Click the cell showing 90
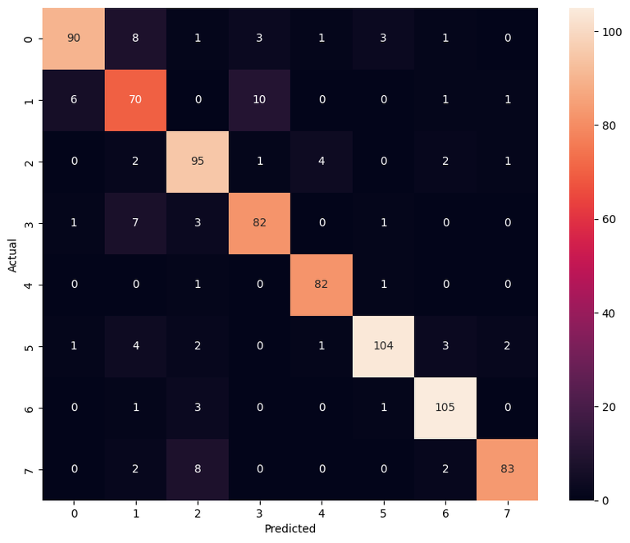click(x=74, y=39)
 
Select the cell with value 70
click(x=135, y=100)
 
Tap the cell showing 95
click(x=198, y=162)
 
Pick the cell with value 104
click(x=383, y=346)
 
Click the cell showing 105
click(x=445, y=408)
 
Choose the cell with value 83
click(x=507, y=469)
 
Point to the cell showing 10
click(x=259, y=100)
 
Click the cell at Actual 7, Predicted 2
click(x=198, y=469)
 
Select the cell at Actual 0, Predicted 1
click(x=135, y=39)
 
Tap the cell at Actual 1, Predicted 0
click(x=74, y=100)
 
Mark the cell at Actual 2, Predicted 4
click(x=322, y=162)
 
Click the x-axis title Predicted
click(x=290, y=529)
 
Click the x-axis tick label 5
click(x=383, y=513)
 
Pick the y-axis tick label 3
click(x=30, y=223)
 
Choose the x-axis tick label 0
click(x=74, y=513)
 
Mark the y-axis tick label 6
click(x=30, y=408)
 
